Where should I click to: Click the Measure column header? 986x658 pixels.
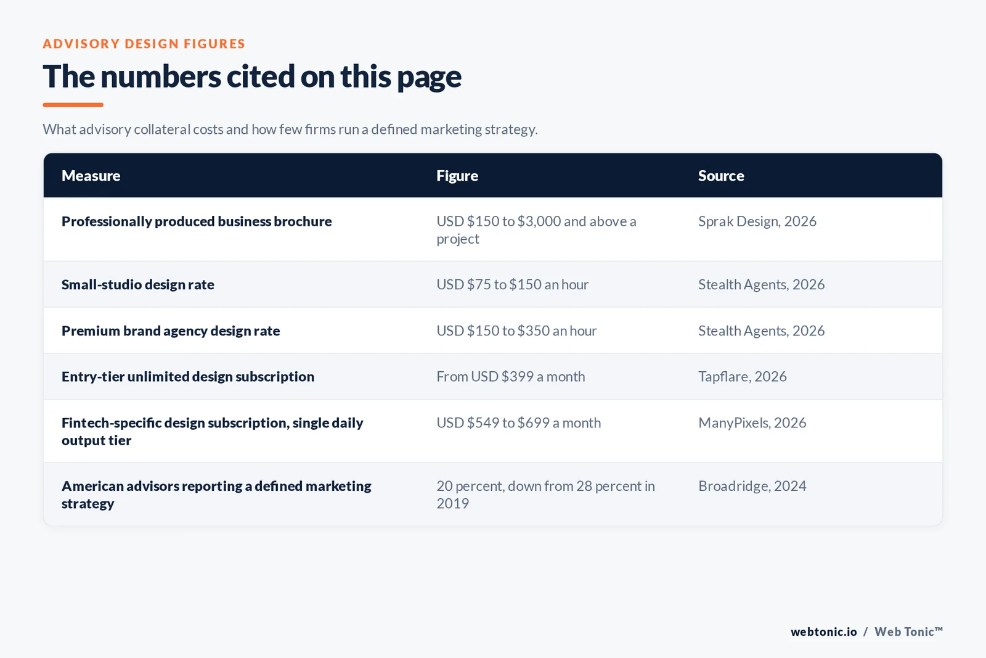(91, 176)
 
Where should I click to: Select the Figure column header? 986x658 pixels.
(457, 176)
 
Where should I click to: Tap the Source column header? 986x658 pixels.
(721, 176)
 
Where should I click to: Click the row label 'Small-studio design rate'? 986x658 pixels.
(138, 284)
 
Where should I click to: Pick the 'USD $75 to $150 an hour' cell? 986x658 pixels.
(512, 284)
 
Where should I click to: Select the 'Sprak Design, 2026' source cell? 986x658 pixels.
(757, 221)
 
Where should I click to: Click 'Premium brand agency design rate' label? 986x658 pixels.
(171, 331)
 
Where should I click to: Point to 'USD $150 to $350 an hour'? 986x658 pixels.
(516, 331)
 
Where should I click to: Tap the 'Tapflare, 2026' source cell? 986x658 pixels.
(742, 377)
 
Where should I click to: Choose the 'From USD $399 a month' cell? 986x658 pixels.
(511, 377)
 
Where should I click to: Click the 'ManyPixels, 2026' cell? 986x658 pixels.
(752, 423)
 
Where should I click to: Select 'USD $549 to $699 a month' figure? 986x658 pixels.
(518, 423)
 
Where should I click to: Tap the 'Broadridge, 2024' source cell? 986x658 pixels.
(752, 486)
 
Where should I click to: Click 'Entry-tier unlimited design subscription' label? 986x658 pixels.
(188, 377)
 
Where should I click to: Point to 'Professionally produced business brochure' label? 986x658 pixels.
(197, 221)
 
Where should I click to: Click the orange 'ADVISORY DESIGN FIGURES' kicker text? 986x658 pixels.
(144, 44)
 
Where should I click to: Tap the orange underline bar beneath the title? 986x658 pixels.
(73, 105)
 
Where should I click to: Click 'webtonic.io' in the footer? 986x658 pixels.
(823, 631)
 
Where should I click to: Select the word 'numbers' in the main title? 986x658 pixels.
(161, 76)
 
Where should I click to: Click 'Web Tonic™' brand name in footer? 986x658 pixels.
(908, 631)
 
